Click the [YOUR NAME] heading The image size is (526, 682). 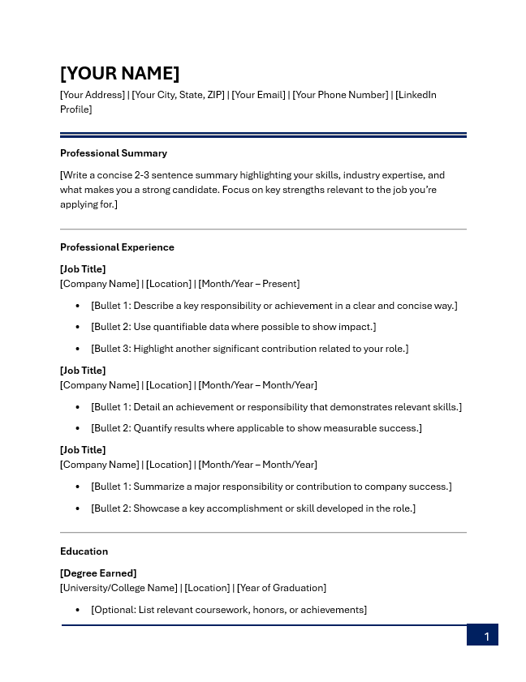[x=119, y=73]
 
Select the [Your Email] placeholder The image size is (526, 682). [x=258, y=95]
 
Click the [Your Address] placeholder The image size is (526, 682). [x=93, y=95]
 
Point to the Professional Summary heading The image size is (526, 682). [x=114, y=153]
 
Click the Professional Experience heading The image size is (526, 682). [x=117, y=247]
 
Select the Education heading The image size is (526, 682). [x=84, y=551]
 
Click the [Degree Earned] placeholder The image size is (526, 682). [x=98, y=573]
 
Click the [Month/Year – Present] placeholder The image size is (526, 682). [x=249, y=284]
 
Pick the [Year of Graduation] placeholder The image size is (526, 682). [x=282, y=588]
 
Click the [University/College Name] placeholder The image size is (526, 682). [x=119, y=588]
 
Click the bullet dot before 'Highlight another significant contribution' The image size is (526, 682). [x=78, y=349]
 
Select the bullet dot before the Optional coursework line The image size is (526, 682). [x=78, y=610]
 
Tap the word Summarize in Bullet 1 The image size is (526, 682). [x=160, y=487]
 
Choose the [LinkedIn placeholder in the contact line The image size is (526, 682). [x=416, y=95]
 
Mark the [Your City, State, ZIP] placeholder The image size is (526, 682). [x=178, y=95]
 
